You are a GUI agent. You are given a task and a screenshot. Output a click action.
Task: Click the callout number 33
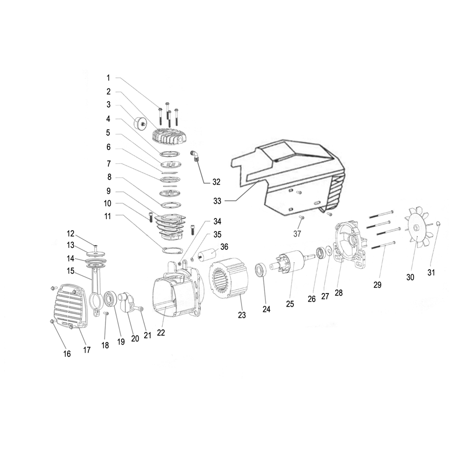click(x=217, y=201)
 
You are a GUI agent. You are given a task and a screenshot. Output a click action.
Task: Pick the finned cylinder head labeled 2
click(x=169, y=138)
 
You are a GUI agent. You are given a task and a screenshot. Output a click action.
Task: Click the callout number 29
click(x=378, y=285)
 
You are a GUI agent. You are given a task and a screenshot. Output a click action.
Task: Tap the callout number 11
click(x=108, y=216)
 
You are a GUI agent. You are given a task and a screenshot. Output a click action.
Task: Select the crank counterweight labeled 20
click(x=128, y=304)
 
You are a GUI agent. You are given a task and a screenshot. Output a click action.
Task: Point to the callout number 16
click(x=67, y=354)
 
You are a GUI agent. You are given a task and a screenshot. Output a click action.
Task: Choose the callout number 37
click(x=297, y=234)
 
